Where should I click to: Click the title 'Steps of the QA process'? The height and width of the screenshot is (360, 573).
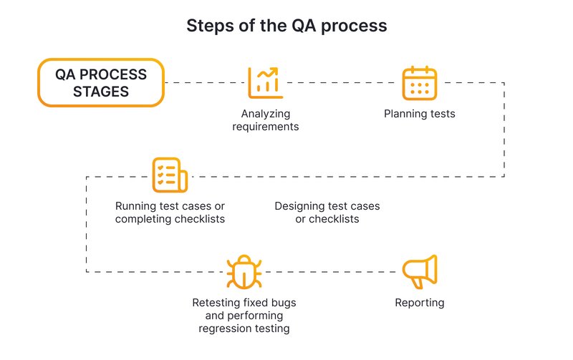tap(286, 26)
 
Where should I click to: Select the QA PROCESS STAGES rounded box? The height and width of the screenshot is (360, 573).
tap(101, 83)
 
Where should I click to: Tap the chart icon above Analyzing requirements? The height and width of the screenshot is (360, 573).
tap(265, 82)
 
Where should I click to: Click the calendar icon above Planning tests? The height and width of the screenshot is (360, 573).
tap(419, 82)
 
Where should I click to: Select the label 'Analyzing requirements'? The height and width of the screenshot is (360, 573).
tap(265, 120)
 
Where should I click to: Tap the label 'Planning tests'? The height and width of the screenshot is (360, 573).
tap(419, 114)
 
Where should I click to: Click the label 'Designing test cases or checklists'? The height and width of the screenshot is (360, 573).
tap(327, 213)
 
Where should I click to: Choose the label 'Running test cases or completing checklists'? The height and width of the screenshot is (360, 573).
tap(170, 213)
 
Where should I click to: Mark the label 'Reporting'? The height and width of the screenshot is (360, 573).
tap(419, 303)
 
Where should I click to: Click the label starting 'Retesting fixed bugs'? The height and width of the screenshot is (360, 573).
tap(244, 316)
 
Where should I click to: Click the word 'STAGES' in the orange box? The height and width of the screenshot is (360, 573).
tap(101, 92)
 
